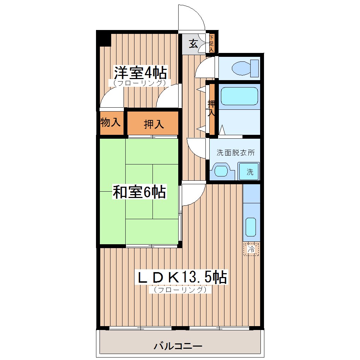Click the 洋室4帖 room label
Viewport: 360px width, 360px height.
140,73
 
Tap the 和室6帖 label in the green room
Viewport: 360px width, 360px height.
139,192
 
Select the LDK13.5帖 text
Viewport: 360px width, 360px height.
182,278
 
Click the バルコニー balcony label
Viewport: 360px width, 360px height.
178,346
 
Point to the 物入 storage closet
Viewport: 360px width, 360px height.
110,123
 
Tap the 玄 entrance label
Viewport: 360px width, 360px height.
193,44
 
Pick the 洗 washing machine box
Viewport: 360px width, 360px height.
250,172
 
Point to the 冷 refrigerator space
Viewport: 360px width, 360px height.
251,249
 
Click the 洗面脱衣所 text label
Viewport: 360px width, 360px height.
235,153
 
